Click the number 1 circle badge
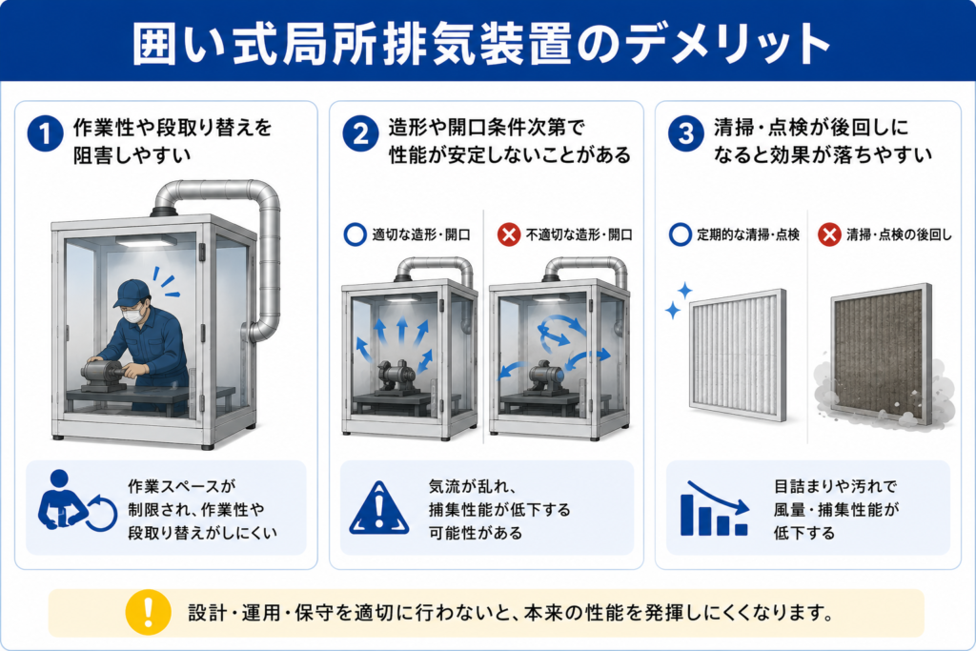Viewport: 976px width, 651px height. click(46, 133)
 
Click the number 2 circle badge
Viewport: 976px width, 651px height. click(360, 133)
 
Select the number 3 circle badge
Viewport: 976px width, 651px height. click(686, 133)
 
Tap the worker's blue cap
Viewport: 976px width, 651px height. click(131, 293)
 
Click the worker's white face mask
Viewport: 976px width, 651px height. click(132, 315)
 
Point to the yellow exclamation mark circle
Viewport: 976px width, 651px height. click(148, 613)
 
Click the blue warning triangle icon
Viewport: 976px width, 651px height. click(379, 508)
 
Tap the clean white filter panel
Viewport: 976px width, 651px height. click(739, 355)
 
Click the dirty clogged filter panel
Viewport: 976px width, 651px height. click(882, 355)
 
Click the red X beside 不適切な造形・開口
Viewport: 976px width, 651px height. click(509, 234)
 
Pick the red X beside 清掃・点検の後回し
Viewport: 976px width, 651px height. click(829, 234)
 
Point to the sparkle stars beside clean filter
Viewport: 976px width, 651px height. click(678, 300)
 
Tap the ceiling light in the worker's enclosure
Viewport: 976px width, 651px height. click(145, 241)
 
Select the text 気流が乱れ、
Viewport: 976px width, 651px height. click(472, 486)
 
